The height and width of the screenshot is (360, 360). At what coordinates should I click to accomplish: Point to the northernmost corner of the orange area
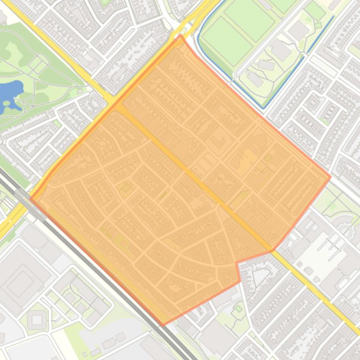pos(180,35)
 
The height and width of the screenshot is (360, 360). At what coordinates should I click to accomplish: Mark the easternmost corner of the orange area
pos(331,177)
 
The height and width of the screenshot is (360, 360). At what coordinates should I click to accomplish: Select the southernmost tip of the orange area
pos(163,324)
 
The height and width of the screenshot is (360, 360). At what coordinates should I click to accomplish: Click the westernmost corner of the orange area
pos(30,198)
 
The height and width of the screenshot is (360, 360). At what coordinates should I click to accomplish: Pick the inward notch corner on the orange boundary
pos(236,263)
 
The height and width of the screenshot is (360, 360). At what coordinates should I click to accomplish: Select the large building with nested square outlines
pos(21,283)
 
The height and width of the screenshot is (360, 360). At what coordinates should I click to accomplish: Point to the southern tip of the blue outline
pos(264,108)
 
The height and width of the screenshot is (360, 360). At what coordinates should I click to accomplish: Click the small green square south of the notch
pos(239,309)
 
